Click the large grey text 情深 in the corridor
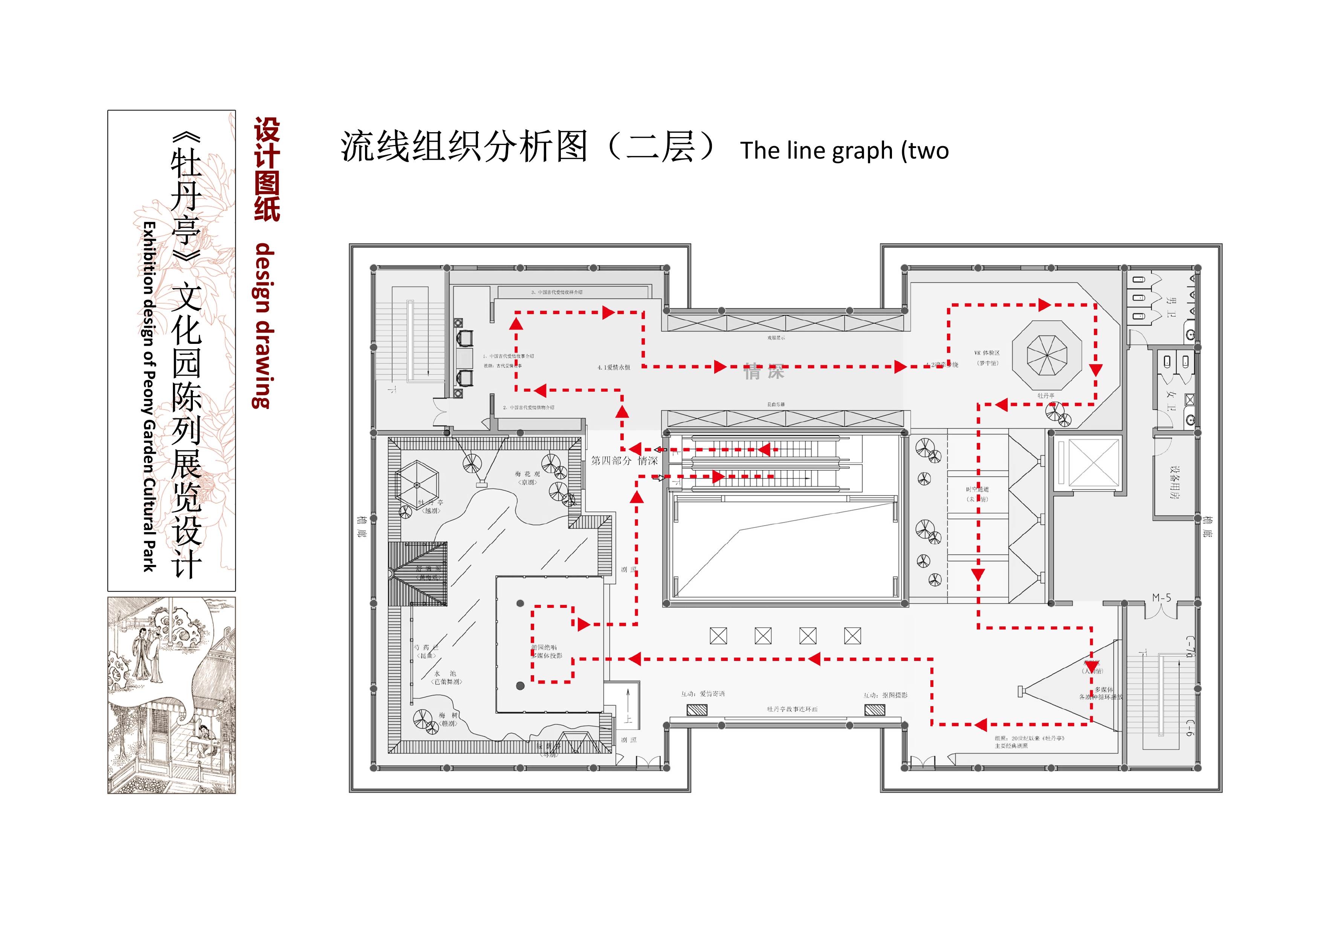[764, 372]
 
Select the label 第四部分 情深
[624, 461]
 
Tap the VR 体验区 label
[987, 353]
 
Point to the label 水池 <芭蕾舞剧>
[446, 678]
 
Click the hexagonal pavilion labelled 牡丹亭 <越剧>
[417, 484]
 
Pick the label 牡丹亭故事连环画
[792, 709]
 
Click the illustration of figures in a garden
[171, 695]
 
